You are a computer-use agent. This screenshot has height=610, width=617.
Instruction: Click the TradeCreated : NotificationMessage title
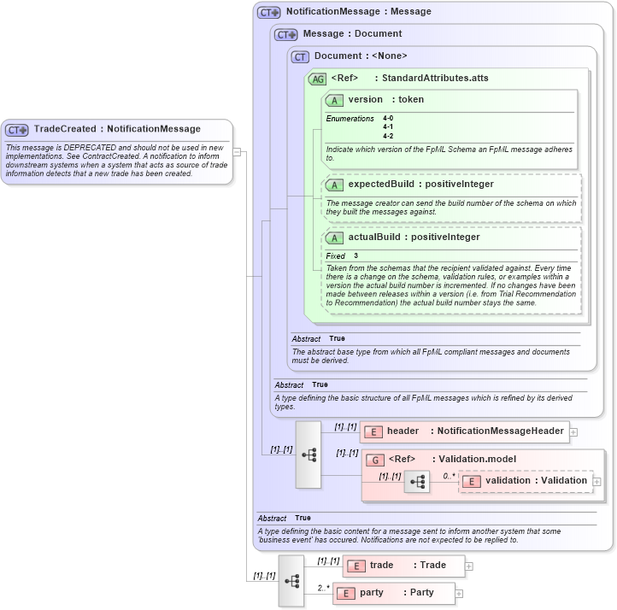tap(117, 129)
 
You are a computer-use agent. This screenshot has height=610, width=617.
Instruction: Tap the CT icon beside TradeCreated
tap(17, 130)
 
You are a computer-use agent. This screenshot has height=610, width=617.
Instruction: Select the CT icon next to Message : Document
tap(285, 34)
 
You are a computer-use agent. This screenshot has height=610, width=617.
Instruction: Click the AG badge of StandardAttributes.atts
tap(318, 79)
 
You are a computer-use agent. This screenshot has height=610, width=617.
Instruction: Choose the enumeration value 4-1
tap(388, 126)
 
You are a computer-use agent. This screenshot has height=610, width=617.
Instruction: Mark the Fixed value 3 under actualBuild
tap(356, 255)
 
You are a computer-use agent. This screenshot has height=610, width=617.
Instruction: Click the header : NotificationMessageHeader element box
tap(465, 431)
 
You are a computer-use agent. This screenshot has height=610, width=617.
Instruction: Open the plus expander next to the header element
tap(573, 432)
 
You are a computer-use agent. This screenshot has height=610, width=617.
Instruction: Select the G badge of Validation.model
tap(376, 460)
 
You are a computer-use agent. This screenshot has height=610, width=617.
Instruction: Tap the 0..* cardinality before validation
tap(449, 475)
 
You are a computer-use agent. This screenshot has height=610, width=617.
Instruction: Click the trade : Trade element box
tap(404, 566)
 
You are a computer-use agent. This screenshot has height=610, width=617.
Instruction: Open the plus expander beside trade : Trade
tap(469, 566)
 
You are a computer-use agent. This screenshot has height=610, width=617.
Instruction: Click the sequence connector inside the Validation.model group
tap(417, 482)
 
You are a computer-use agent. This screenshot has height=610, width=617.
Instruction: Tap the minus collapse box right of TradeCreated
tap(237, 152)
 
